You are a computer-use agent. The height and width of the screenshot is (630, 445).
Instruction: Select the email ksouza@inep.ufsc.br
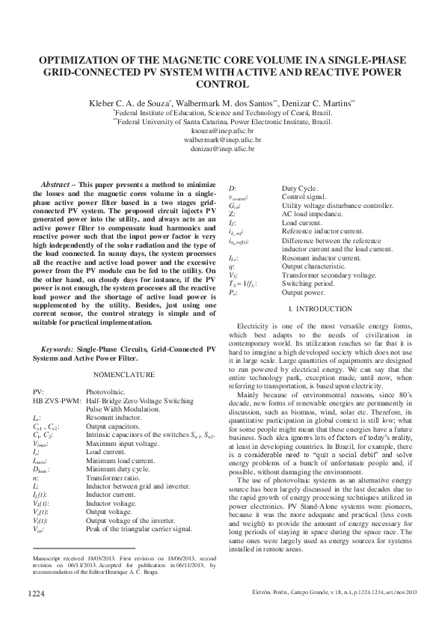[x=223, y=130]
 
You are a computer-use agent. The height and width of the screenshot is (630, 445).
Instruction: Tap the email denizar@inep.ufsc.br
[x=223, y=149]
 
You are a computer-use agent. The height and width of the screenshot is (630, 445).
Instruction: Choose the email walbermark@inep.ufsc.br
[x=223, y=140]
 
